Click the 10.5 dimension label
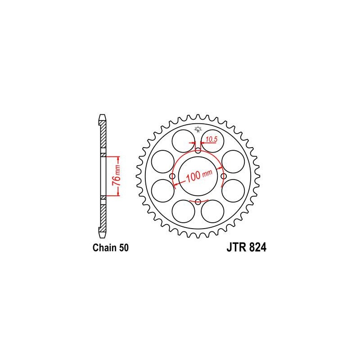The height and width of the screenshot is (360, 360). point(211,139)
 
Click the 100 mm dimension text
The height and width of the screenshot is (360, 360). point(199,176)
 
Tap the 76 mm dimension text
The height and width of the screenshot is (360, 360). point(117,175)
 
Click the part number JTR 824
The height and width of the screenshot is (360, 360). point(246,247)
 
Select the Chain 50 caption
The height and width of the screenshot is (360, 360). point(110,248)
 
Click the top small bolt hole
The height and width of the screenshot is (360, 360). point(198,151)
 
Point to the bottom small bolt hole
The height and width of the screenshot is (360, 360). point(198,202)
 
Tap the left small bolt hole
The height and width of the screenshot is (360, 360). point(172,176)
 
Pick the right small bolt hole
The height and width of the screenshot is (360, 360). point(224,176)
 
